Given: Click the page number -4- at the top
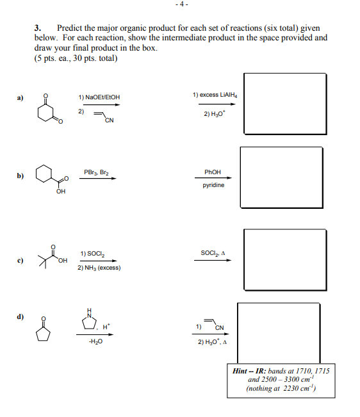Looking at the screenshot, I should (x=181, y=4).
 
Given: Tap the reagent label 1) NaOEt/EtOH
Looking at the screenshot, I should (x=99, y=97).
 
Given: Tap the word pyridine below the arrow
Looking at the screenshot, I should (x=213, y=186).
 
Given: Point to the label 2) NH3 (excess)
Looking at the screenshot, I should (x=99, y=268).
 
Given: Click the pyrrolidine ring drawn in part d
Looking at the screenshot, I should (x=90, y=319).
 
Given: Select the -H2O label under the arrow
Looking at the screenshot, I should (x=96, y=341).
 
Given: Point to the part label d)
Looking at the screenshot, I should (x=21, y=316).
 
